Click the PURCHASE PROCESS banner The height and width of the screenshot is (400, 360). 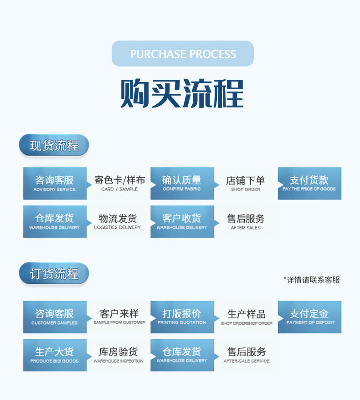click(x=183, y=54)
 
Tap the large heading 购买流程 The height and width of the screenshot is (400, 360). click(x=182, y=94)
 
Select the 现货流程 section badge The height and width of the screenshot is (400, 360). click(x=54, y=146)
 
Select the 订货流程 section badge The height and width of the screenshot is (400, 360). click(x=54, y=274)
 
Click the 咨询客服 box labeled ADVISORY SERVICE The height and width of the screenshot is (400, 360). click(x=55, y=184)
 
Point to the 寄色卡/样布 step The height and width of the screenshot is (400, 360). click(x=119, y=184)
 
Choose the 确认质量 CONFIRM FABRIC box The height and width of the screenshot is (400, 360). click(x=182, y=184)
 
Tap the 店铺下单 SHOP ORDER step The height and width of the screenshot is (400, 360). click(x=246, y=184)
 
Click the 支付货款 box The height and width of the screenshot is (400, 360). click(x=309, y=184)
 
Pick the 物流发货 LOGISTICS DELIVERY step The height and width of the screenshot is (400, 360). click(x=118, y=222)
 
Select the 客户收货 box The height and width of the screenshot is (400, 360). click(x=182, y=222)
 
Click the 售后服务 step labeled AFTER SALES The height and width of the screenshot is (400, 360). click(x=246, y=222)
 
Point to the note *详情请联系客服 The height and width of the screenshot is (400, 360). click(x=312, y=280)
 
